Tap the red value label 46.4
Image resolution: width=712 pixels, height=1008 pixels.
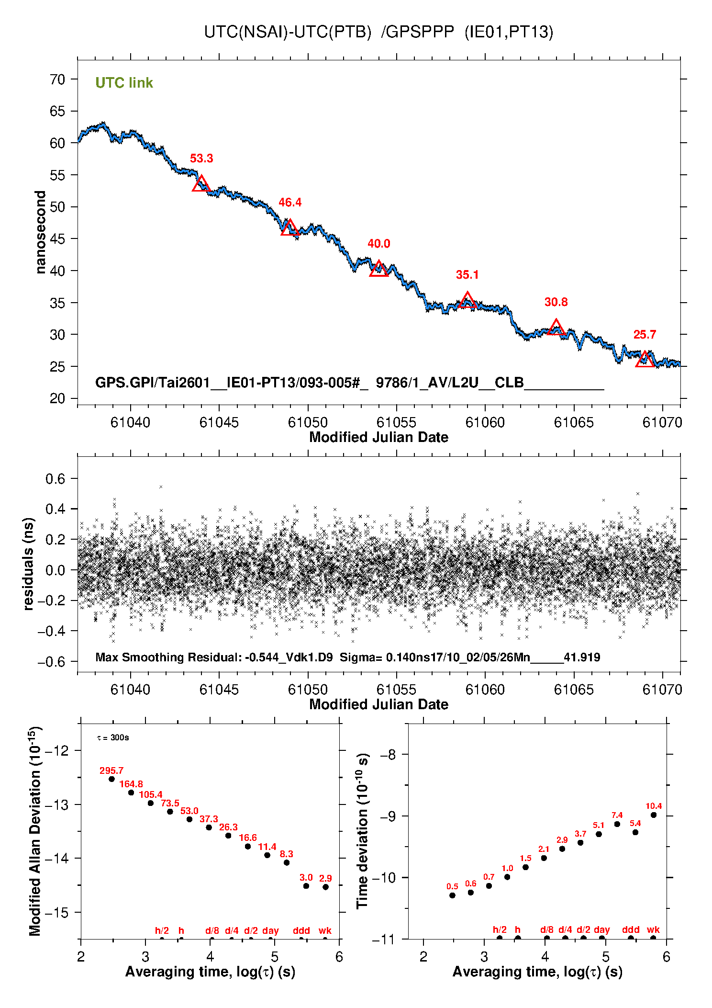(x=290, y=203)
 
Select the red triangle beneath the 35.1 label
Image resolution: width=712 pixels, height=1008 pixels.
(x=467, y=301)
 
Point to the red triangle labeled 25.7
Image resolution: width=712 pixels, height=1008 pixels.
(x=645, y=360)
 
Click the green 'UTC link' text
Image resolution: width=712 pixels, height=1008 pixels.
(x=124, y=83)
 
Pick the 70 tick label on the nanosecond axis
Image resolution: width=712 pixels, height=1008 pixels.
(x=57, y=79)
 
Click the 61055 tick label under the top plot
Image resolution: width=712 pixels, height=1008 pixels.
(x=396, y=422)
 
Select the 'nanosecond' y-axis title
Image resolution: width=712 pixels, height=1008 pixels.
(x=40, y=232)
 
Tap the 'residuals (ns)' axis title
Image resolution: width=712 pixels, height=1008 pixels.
(x=29, y=564)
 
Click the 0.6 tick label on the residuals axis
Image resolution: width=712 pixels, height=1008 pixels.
(x=55, y=479)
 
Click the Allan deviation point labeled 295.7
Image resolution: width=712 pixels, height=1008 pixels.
(x=112, y=779)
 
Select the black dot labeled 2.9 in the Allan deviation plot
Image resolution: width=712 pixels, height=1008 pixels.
(x=325, y=887)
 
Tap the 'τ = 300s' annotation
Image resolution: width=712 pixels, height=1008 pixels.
(x=113, y=737)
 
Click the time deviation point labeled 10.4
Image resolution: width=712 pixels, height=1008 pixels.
(x=654, y=815)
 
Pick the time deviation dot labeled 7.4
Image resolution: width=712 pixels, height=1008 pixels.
(x=617, y=824)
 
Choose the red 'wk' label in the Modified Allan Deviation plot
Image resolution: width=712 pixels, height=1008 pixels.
(x=325, y=930)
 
